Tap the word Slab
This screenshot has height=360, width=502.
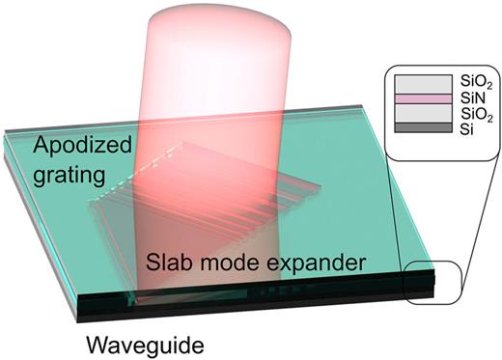click(171, 263)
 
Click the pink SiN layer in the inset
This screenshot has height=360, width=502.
click(424, 98)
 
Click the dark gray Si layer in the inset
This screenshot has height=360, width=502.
click(424, 126)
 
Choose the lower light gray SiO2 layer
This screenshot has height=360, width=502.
click(424, 113)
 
